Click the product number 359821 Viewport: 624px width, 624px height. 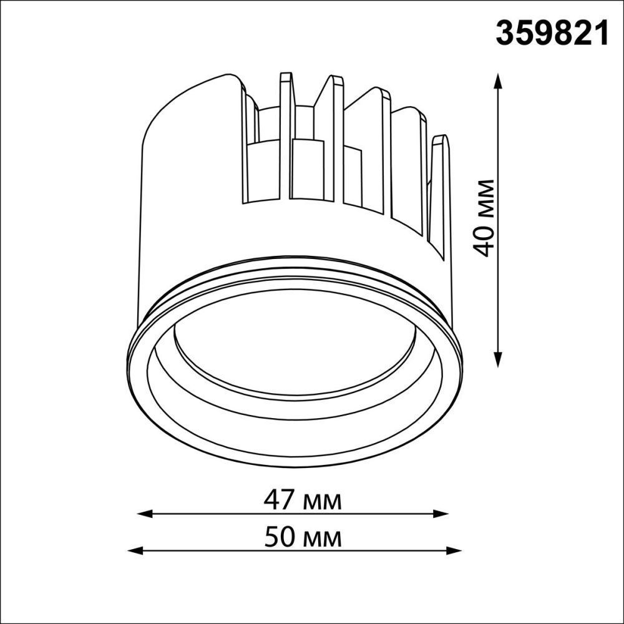pos(552,34)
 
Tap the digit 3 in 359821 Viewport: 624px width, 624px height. pos(506,34)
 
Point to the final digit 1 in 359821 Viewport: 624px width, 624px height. pos(600,34)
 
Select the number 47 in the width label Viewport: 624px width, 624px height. pos(281,500)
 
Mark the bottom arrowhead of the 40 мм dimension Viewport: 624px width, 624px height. pos(498,360)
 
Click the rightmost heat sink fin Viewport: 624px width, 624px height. pos(440,187)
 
